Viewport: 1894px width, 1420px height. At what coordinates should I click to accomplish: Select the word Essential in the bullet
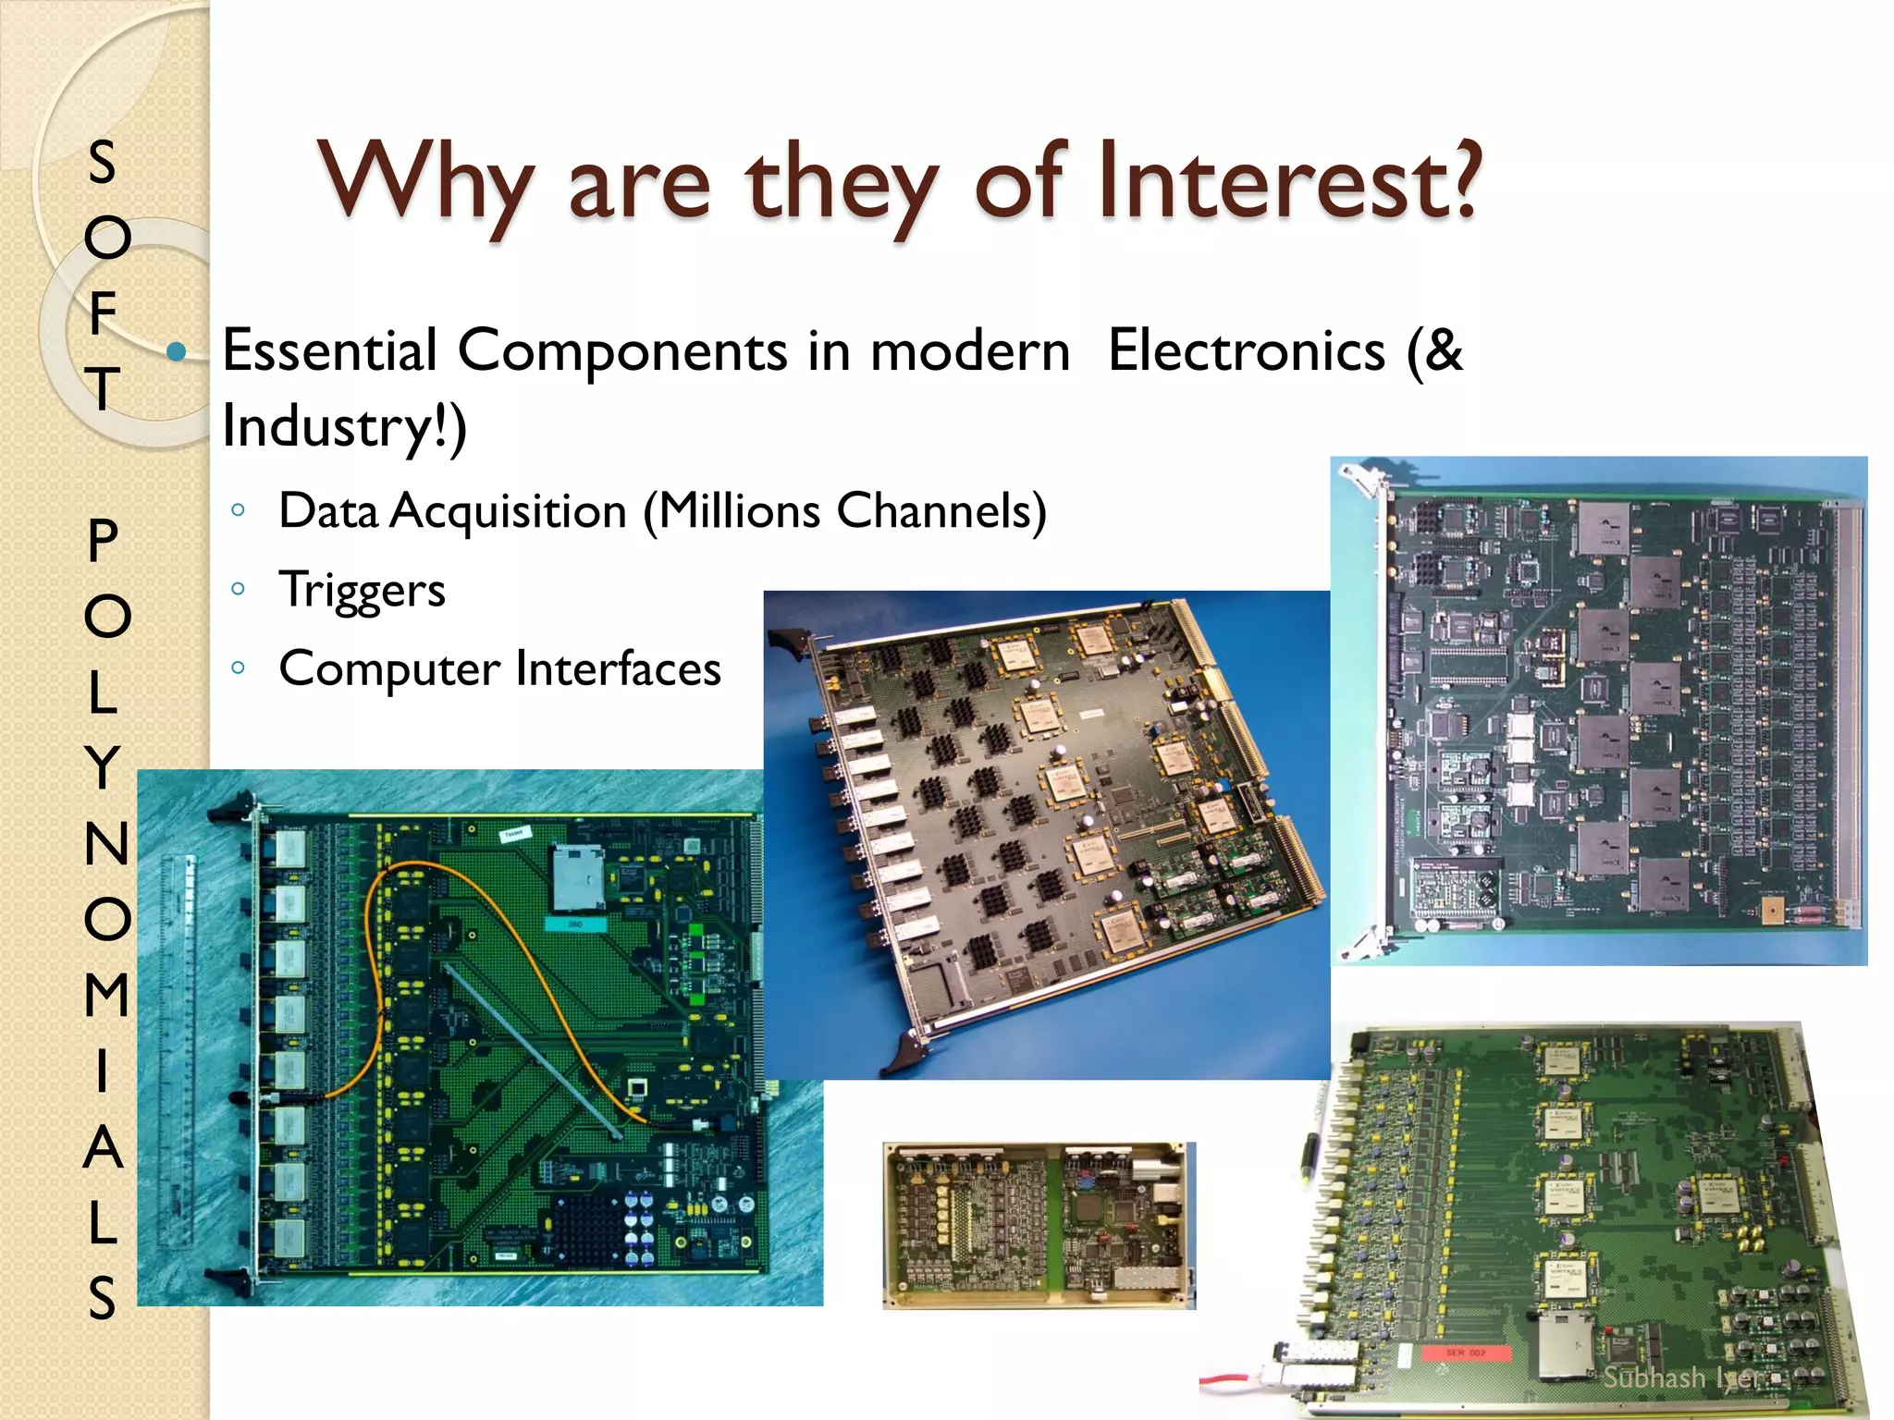tap(330, 351)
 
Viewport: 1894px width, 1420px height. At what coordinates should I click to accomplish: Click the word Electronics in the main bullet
tap(1247, 351)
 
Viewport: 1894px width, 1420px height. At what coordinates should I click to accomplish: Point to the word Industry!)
tap(344, 427)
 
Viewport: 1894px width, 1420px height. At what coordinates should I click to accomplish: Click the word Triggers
tap(362, 590)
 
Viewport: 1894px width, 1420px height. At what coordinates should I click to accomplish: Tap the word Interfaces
tap(618, 668)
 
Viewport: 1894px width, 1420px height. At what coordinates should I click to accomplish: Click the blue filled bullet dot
tap(177, 351)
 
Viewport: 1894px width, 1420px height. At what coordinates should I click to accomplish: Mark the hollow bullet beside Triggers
tap(239, 589)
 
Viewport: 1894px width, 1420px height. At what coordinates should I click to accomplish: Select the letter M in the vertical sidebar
tap(105, 995)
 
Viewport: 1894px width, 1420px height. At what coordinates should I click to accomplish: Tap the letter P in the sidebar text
tap(104, 541)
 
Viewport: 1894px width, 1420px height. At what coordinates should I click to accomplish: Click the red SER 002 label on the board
tap(1465, 1353)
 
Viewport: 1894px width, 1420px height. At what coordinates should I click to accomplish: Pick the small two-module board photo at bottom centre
tap(1039, 1225)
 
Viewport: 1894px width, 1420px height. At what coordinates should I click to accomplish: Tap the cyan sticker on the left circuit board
tap(574, 924)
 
